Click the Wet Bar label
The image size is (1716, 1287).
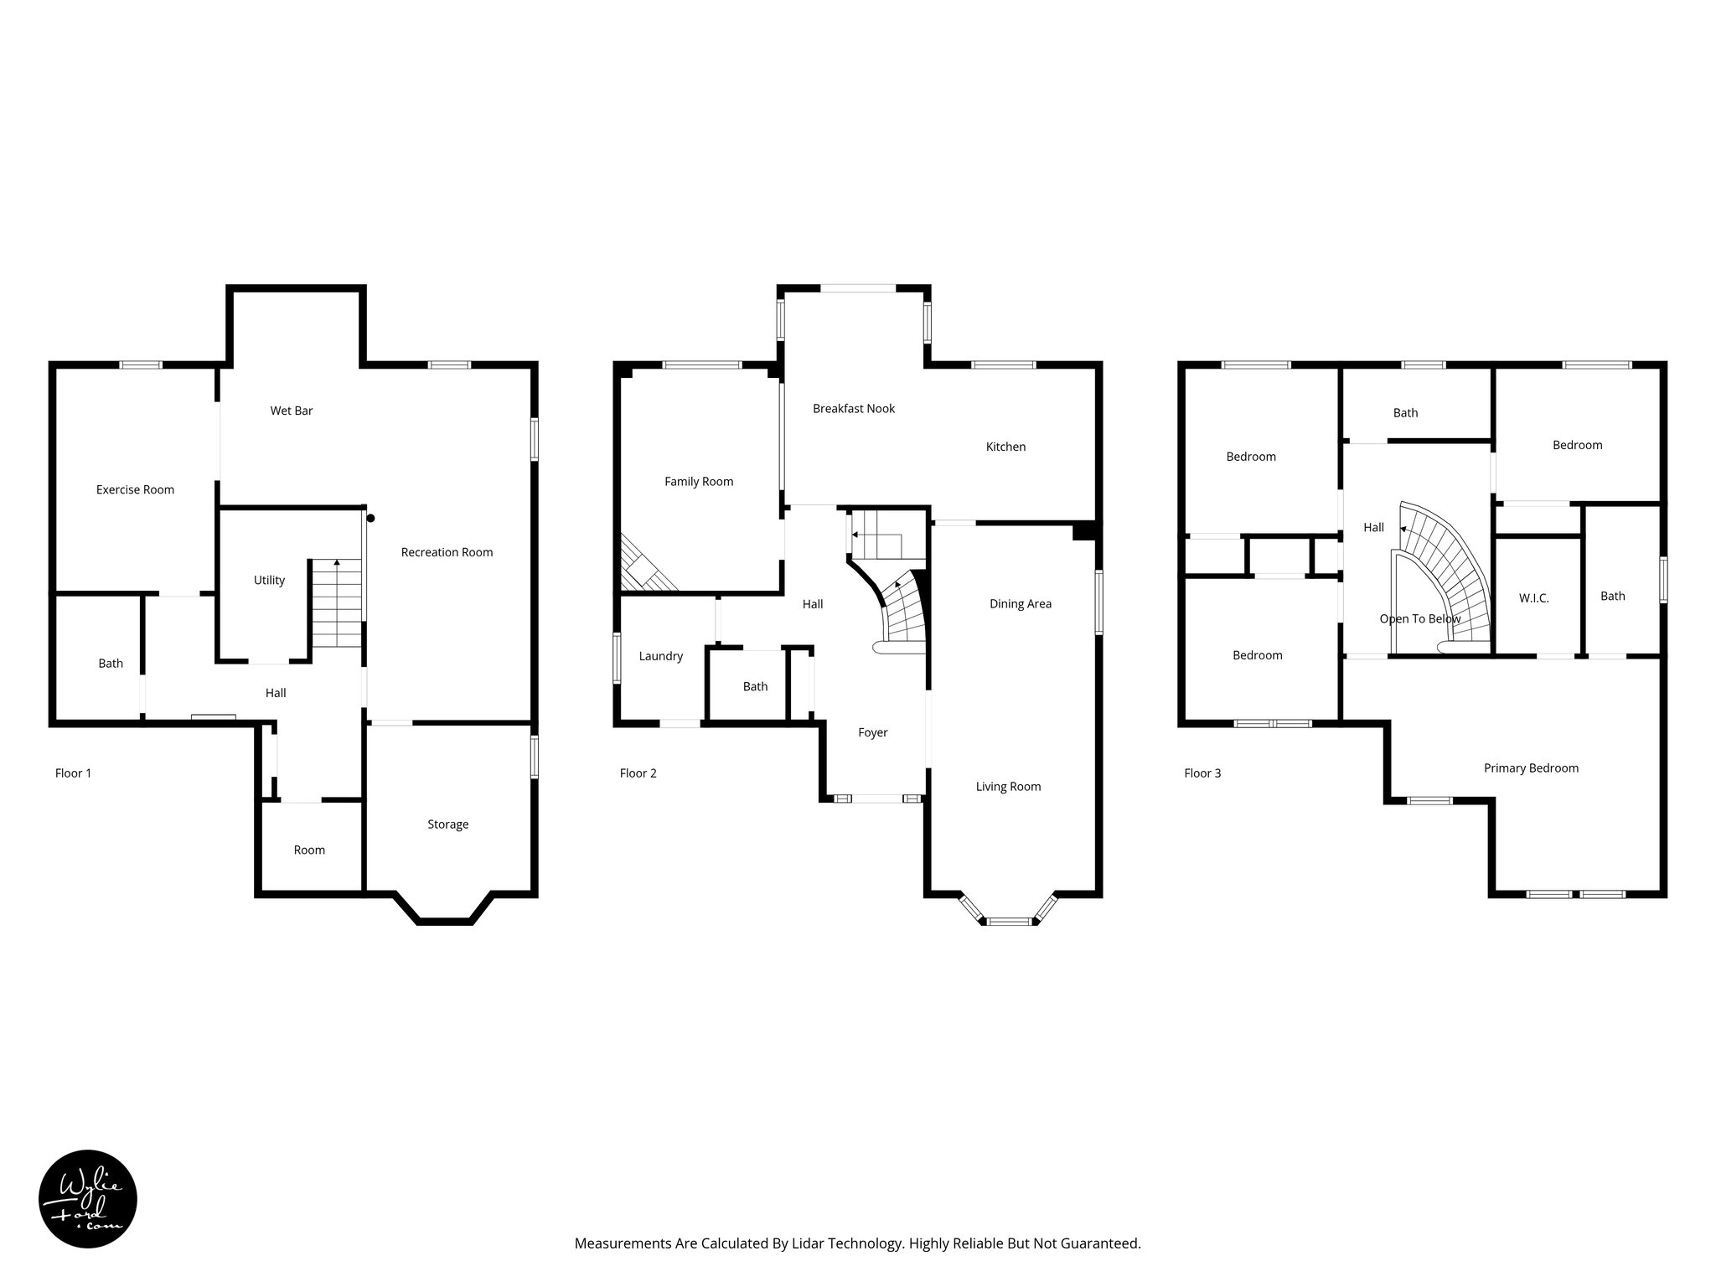[292, 411]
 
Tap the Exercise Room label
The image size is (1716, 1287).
[135, 489]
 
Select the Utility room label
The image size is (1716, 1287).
[269, 580]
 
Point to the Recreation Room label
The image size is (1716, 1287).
[447, 552]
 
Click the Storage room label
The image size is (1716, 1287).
[447, 824]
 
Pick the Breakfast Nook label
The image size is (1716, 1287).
[854, 409]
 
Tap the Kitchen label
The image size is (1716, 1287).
[1005, 447]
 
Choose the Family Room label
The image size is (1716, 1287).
[699, 482]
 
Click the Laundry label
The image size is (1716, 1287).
[661, 656]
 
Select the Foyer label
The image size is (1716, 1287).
[872, 732]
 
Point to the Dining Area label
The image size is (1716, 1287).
[1020, 604]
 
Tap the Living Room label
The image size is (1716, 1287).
[1008, 787]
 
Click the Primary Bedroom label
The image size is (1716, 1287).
[1531, 768]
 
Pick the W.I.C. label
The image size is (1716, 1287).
[1533, 598]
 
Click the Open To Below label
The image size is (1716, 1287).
[1419, 619]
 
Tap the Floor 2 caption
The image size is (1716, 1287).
[638, 773]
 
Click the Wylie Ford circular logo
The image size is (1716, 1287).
[88, 1199]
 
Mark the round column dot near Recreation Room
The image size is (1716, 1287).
[370, 519]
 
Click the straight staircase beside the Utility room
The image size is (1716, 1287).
[337, 603]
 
